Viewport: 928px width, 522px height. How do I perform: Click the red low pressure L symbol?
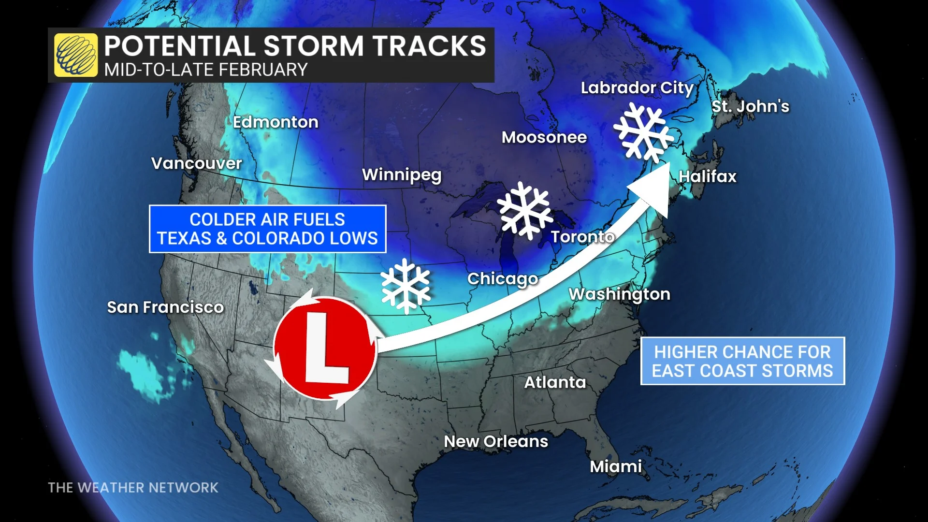coord(325,348)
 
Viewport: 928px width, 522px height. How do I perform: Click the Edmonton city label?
coord(275,122)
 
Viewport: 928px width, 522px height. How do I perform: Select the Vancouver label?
coord(196,163)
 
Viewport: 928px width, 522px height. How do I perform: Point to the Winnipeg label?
coord(402,174)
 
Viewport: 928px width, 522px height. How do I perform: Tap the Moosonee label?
coord(544,137)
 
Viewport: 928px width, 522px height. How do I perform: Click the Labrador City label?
coord(637,88)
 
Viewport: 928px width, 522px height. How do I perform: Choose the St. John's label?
coord(750,106)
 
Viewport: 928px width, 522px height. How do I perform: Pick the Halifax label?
coord(708,176)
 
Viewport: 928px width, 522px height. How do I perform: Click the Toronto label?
coord(582,237)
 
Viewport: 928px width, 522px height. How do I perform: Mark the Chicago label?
coord(503,279)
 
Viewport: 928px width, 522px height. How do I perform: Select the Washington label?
coord(619,294)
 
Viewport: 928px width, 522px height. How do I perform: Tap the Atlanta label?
coord(555,382)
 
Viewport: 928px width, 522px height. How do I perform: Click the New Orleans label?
coord(496,441)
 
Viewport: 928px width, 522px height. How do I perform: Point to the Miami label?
coord(616,466)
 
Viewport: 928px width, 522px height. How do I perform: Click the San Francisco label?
coord(165,307)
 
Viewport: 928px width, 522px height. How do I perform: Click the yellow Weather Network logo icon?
coord(76,55)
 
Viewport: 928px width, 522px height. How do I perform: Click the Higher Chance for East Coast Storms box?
coord(742,361)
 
